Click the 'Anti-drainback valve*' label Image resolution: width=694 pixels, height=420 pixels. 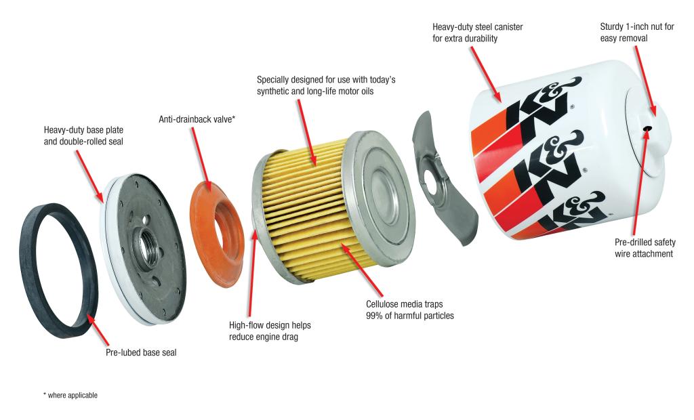pos(197,119)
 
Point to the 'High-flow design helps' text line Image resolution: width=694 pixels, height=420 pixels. pos(270,325)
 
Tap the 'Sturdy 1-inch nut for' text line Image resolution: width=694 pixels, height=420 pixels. pos(638,27)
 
